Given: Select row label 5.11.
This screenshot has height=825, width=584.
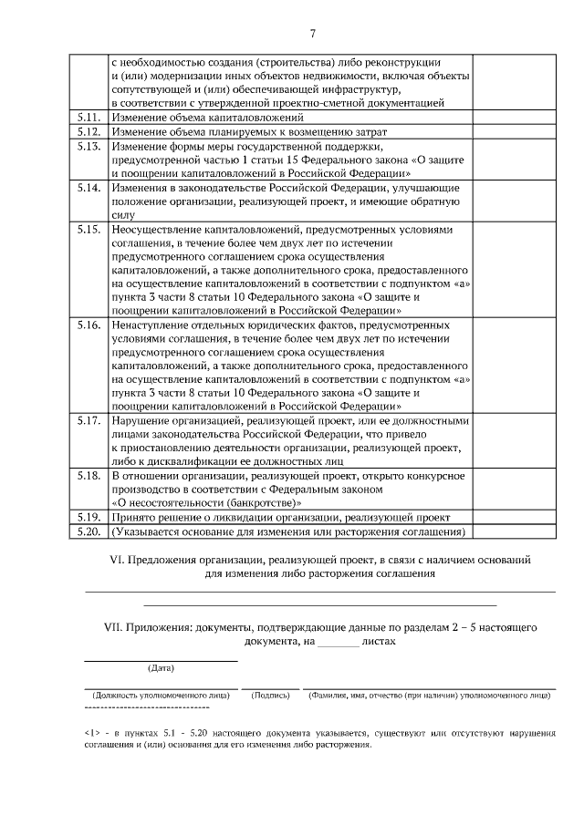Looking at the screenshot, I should [89, 118].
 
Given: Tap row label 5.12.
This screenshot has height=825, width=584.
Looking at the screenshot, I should [89, 132].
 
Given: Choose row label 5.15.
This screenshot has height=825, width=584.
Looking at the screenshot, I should [89, 230].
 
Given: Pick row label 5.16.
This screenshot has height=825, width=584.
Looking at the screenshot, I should [89, 325].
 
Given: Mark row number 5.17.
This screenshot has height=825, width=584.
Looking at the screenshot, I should [89, 421].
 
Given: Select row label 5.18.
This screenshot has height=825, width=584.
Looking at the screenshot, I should [89, 476].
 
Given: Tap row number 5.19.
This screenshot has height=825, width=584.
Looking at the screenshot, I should [89, 517].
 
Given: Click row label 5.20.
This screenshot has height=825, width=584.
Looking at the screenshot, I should [89, 531].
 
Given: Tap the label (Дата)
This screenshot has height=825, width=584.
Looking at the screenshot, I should [161, 667].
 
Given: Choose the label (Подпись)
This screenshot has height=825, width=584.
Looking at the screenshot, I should [270, 695].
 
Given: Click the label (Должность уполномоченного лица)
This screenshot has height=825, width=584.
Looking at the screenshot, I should [161, 695].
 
